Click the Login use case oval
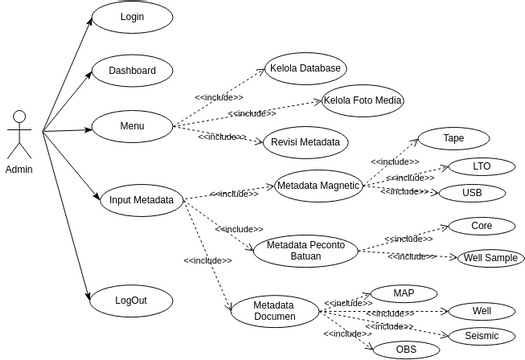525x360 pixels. coord(132,17)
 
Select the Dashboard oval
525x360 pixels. coord(132,71)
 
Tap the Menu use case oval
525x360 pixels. coord(132,126)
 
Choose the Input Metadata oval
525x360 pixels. coord(142,200)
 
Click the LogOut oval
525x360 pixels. coord(132,300)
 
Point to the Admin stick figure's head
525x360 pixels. coord(19,117)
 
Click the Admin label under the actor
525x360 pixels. coord(19,169)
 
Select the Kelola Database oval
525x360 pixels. coord(305,69)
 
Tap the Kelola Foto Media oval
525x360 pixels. coord(363,100)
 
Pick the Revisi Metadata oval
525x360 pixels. coord(306,142)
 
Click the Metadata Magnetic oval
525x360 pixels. coord(319,186)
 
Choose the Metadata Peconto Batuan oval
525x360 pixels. coord(305,250)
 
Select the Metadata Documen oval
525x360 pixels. coord(275,311)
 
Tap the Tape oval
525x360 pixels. coord(453,139)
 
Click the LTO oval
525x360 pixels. coord(481,166)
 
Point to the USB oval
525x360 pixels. coord(471,192)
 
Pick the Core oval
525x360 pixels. coord(481,226)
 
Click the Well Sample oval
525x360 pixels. coord(490,258)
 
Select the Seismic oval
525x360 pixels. coord(481,336)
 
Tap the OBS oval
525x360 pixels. coord(406,349)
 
